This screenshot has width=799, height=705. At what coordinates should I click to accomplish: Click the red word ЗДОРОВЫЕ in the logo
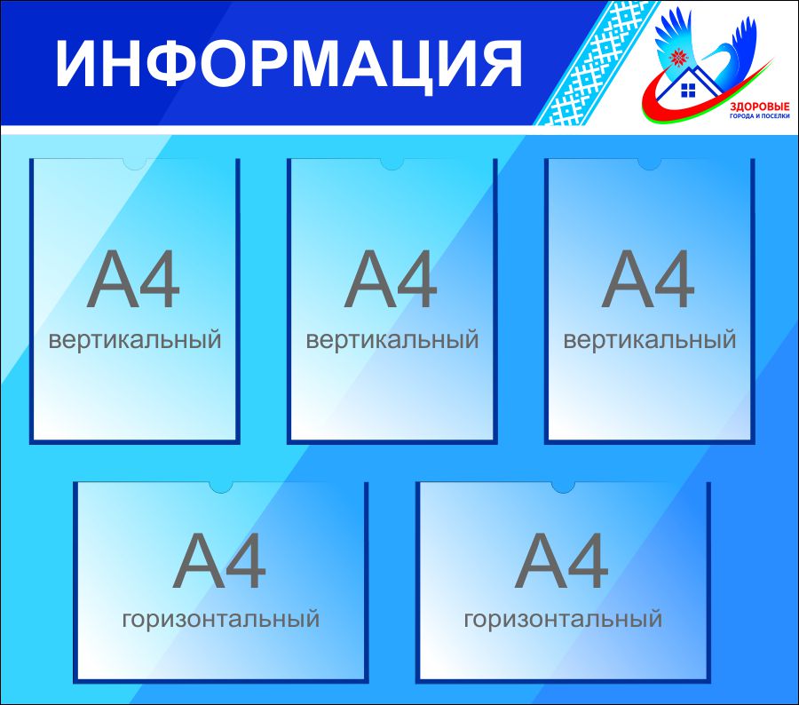pos(759,107)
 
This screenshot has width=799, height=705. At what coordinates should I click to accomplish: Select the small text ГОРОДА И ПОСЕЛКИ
pos(759,116)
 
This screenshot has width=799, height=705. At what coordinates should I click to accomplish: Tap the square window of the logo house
pos(688,91)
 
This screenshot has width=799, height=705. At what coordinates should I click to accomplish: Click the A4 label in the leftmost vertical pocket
pos(133,279)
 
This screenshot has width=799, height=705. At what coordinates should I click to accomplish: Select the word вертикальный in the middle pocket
pos(392,339)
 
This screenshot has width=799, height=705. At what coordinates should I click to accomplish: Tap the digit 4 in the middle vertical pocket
pos(417,279)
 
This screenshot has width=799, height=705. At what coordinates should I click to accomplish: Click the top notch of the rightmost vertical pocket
pos(649,163)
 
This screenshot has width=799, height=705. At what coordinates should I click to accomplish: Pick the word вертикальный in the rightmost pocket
pos(649,339)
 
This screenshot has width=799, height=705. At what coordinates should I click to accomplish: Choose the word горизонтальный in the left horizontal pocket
pos(221,620)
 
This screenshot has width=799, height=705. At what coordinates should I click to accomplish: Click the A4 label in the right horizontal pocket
pos(562,560)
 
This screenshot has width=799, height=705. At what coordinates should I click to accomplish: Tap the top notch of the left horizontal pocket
pos(221,487)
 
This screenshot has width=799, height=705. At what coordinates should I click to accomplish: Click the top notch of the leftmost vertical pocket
pos(135,163)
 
